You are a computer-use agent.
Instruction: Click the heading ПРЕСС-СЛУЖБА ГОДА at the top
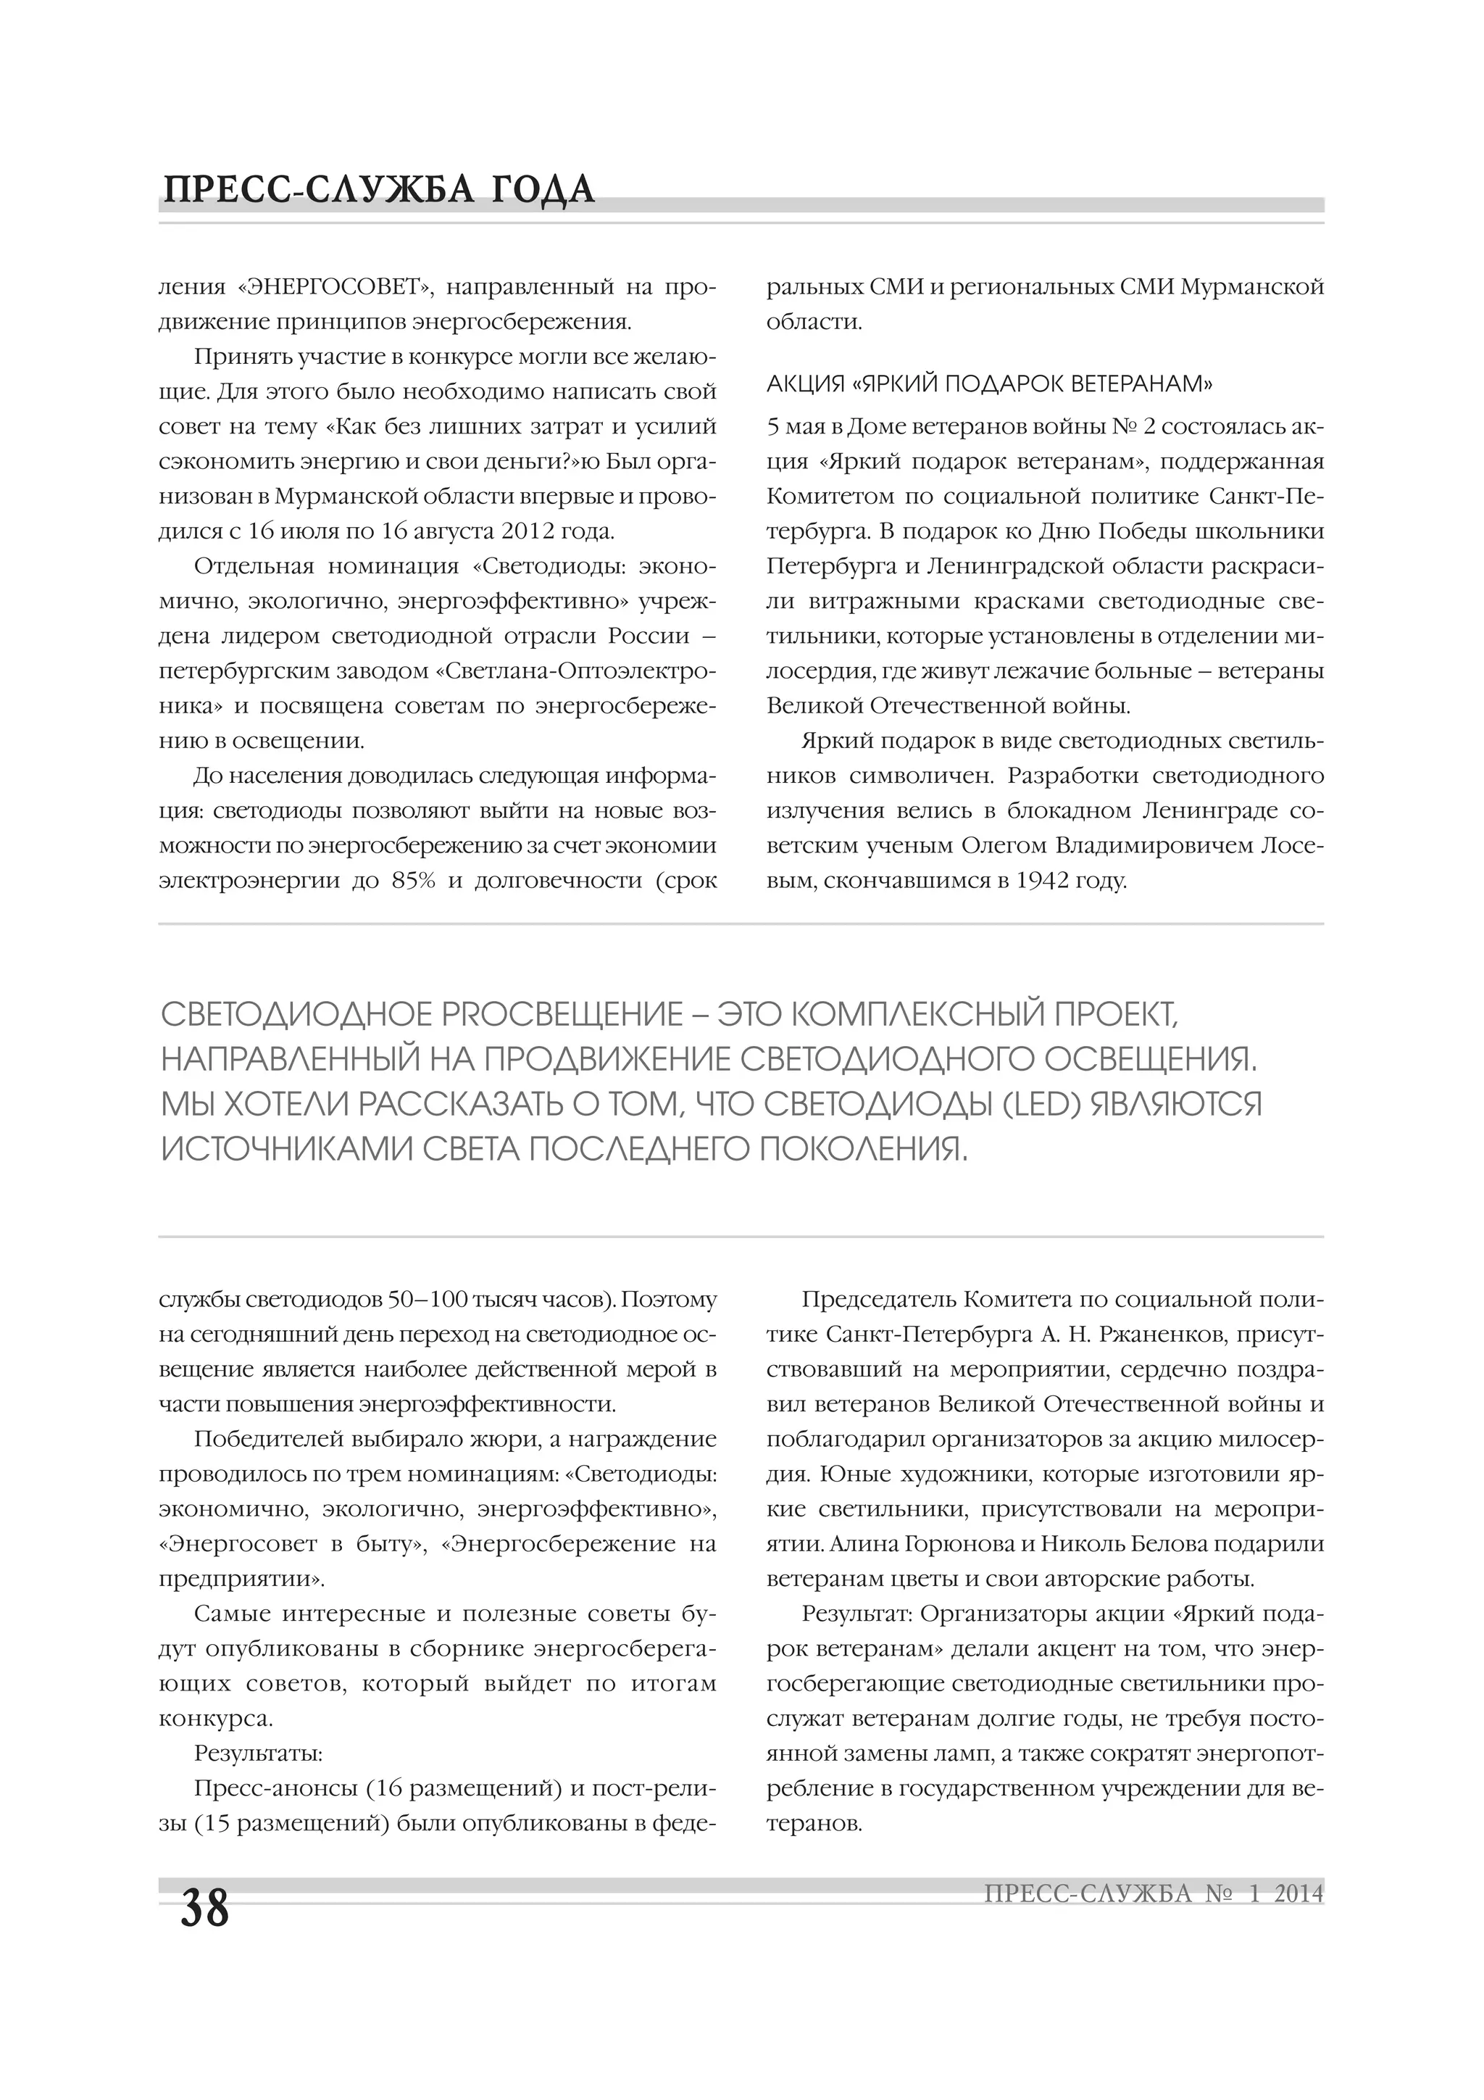(378, 190)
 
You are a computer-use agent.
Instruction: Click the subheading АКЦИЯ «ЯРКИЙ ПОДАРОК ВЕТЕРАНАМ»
(988, 383)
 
